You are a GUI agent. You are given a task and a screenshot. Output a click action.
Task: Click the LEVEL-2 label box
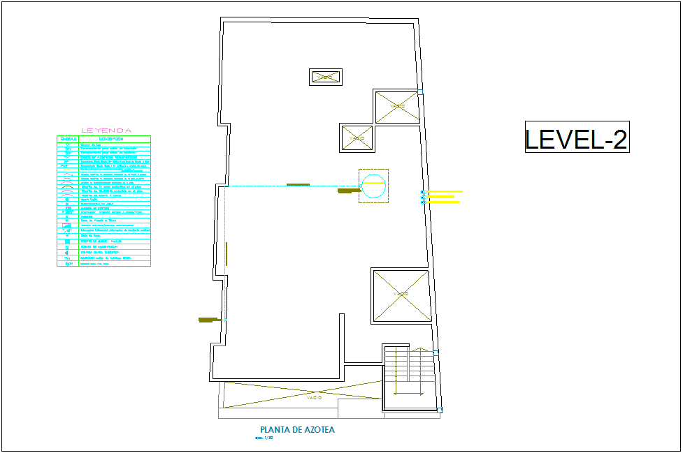pos(577,137)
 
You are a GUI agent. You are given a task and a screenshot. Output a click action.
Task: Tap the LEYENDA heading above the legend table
pos(106,130)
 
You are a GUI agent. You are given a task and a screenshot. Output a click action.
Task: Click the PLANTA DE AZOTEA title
pos(297,430)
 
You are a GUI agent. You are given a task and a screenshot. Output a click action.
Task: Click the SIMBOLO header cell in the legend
pos(69,139)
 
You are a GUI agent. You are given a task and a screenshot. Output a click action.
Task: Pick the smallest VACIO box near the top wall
pos(325,77)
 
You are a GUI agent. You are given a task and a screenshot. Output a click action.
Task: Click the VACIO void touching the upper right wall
pos(397,107)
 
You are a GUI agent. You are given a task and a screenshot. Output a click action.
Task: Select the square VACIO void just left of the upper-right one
pos(357,138)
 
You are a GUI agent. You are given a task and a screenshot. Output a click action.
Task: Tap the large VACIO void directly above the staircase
pos(400,295)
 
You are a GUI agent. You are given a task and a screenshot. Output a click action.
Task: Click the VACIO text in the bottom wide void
pos(314,398)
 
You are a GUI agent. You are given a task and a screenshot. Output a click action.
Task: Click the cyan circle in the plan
pos(373,186)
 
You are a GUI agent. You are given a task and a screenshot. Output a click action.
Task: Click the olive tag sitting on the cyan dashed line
pos(298,185)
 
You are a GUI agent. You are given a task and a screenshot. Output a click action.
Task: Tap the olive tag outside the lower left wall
pos(208,320)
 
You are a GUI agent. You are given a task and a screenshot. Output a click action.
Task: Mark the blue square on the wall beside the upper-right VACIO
pos(421,91)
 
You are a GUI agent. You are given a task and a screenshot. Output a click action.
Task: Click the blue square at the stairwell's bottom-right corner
pos(439,410)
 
